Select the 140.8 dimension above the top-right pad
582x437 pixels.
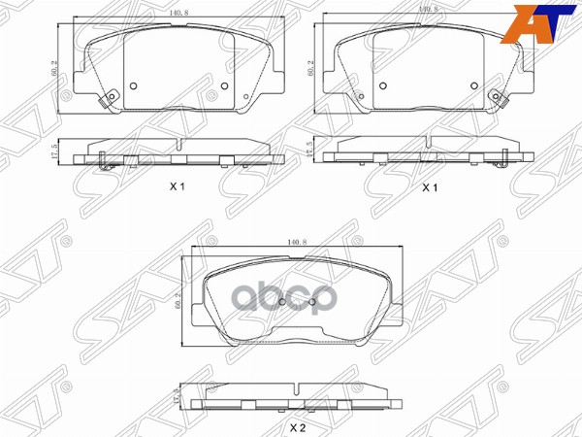428,10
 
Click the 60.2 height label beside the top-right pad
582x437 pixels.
310,68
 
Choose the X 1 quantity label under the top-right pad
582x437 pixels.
429,187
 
